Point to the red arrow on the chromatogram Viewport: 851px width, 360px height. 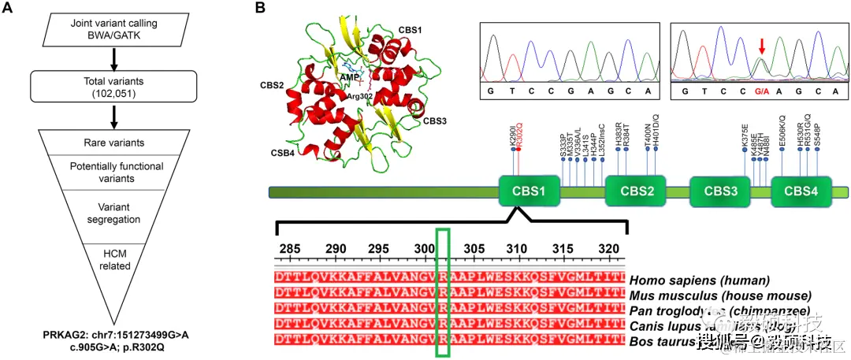tap(761, 49)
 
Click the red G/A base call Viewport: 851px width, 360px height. tap(761, 91)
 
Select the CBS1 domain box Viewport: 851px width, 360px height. tap(529, 191)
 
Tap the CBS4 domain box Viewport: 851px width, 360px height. tap(801, 191)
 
